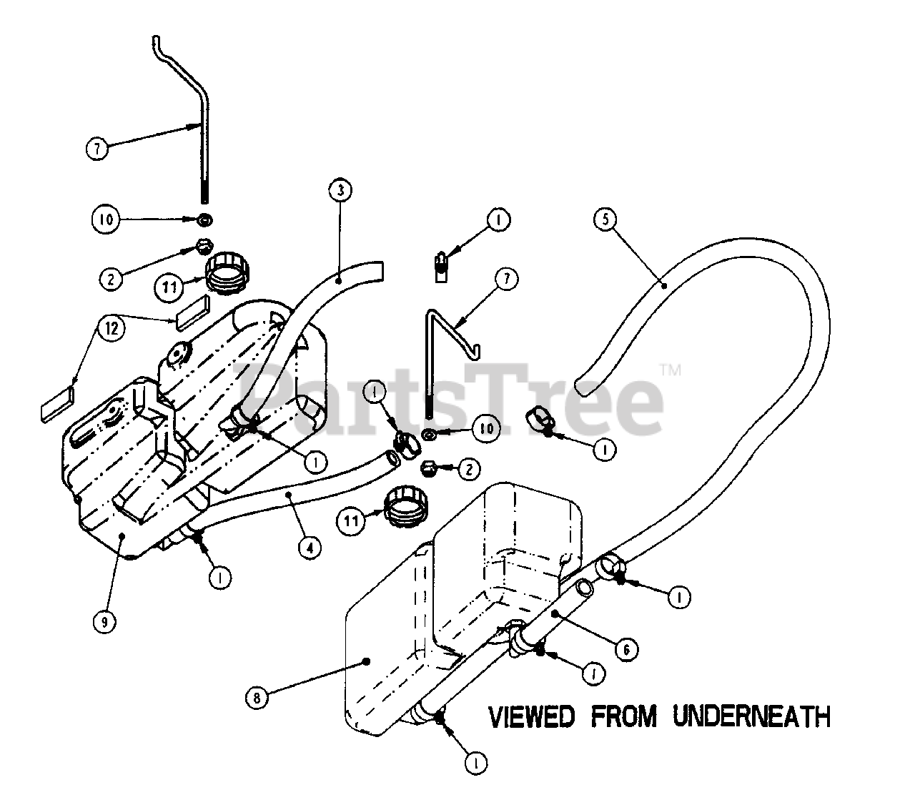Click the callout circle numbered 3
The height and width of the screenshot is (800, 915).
pyautogui.click(x=340, y=190)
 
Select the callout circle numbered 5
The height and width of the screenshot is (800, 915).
pyautogui.click(x=605, y=219)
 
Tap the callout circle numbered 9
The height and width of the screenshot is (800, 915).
pyautogui.click(x=104, y=621)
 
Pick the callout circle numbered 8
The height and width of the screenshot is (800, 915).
pyautogui.click(x=257, y=696)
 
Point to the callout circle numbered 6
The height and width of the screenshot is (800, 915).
pyautogui.click(x=626, y=649)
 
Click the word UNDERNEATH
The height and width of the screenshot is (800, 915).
pyautogui.click(x=751, y=716)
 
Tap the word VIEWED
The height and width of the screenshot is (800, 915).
pyautogui.click(x=530, y=716)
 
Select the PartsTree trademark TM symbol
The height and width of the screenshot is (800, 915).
pyautogui.click(x=670, y=370)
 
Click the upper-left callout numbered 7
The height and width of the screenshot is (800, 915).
pyautogui.click(x=97, y=149)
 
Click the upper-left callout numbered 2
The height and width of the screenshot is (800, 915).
pyautogui.click(x=110, y=278)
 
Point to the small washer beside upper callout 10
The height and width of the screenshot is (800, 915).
pyautogui.click(x=204, y=218)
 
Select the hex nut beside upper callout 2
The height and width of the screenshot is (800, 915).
pyautogui.click(x=204, y=247)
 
